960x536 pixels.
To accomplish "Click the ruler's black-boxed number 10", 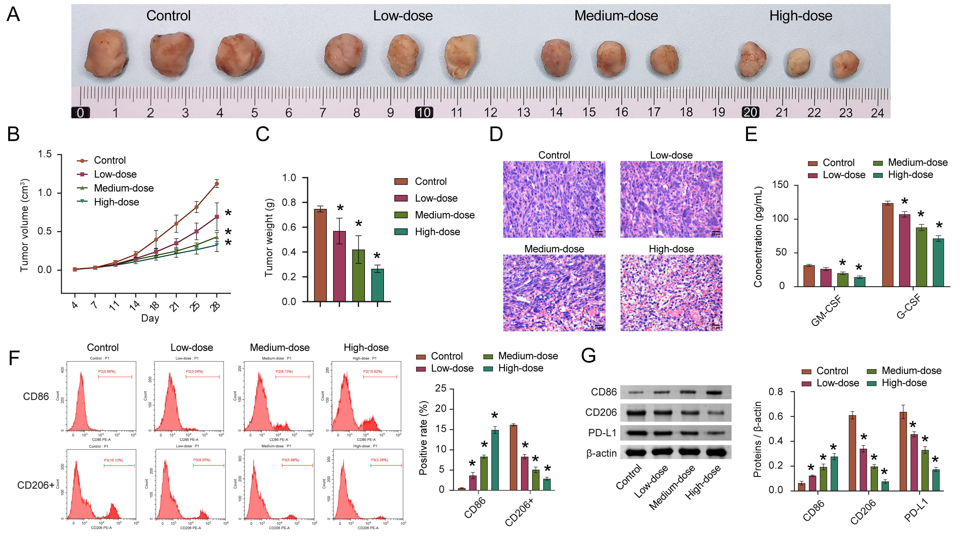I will [424, 112].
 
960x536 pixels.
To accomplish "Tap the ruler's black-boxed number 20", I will [750, 112].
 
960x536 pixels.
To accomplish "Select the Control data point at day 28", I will [216, 184].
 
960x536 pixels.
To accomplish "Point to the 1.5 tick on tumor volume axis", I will [45, 154].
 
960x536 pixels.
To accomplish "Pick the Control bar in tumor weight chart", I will [320, 255].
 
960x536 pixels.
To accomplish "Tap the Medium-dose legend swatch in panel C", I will [401, 215].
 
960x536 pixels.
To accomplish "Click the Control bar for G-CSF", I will [888, 245].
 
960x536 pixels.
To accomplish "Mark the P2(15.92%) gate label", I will [373, 371].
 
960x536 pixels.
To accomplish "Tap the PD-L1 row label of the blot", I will [602, 433].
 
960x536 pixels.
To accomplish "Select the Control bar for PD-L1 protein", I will [903, 451].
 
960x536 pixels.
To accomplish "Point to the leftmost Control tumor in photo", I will [106, 53].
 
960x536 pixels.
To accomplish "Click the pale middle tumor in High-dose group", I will [798, 63].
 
